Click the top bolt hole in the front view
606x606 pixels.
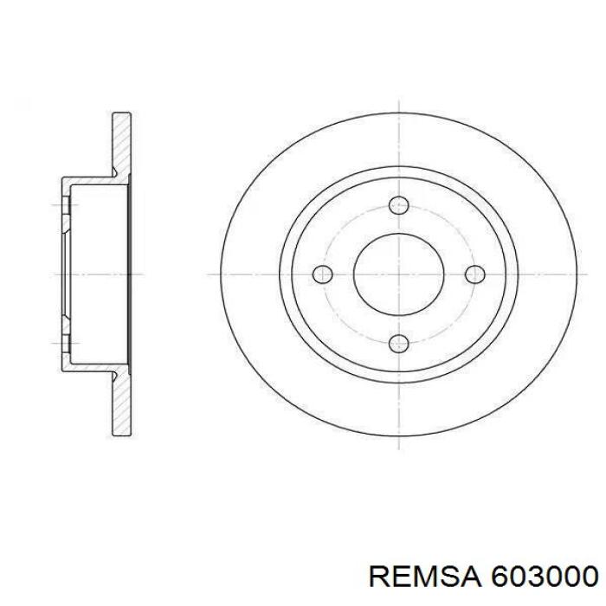point(399,206)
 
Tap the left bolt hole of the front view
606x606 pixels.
point(322,274)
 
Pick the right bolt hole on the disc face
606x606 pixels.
point(474,274)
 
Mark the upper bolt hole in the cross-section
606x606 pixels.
point(64,205)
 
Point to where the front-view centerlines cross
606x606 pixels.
point(399,274)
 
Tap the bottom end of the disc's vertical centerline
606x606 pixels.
point(399,450)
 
